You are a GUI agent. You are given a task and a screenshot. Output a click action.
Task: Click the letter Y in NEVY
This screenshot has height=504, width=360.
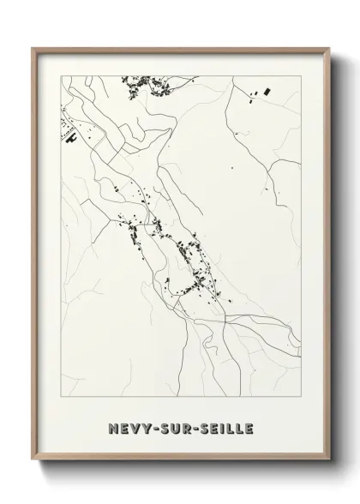click(x=145, y=428)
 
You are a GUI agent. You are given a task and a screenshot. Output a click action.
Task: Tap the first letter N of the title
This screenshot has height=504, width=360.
click(x=112, y=428)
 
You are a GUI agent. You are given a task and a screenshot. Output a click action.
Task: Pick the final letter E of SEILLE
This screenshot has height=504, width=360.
click(x=249, y=428)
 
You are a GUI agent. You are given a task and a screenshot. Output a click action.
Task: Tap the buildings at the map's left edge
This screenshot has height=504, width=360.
click(x=66, y=134)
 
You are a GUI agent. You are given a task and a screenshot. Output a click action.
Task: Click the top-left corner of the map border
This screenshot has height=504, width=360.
click(x=58, y=75)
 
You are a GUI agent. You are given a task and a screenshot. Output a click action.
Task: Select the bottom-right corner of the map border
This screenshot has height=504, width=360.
click(x=303, y=401)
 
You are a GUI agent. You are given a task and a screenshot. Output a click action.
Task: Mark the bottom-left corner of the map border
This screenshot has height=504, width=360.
click(x=58, y=401)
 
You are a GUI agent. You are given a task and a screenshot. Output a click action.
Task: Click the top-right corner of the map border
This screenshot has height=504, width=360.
click(x=303, y=75)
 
